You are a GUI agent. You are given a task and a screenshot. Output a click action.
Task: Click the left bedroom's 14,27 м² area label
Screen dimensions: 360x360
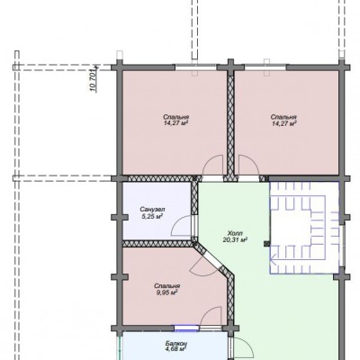coord(176,123)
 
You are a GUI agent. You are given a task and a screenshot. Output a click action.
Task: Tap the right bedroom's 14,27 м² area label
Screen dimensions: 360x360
coord(284,123)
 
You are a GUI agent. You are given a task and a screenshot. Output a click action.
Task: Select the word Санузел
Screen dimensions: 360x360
coord(152,209)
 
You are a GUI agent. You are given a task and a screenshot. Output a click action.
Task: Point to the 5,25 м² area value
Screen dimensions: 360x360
coord(152,215)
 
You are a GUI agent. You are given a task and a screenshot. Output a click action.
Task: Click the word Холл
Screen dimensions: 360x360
coord(235,233)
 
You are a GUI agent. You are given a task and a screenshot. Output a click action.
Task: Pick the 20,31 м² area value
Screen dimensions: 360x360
coord(235,239)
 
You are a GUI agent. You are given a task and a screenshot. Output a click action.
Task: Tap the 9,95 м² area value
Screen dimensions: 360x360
coord(167,292)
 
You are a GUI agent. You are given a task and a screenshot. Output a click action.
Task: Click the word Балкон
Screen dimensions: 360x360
coord(176,343)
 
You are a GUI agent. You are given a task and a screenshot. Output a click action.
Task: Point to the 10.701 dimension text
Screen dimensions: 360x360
coord(93,79)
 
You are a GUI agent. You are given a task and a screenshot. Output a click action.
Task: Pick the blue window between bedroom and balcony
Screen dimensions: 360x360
coord(186,328)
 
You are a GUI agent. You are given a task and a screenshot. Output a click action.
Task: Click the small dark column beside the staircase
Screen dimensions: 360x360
coord(266,244)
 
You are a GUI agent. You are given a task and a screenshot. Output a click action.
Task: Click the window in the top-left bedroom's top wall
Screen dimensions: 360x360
coord(195,67)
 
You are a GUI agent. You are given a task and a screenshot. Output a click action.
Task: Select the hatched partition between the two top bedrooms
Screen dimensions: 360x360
coord(230,126)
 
